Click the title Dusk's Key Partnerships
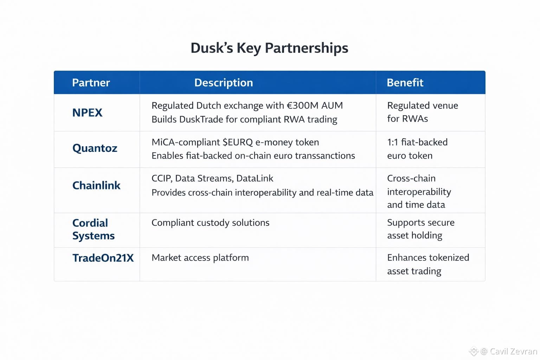(269, 48)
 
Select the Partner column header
(91, 83)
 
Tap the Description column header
(224, 83)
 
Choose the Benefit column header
(405, 83)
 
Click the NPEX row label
(87, 113)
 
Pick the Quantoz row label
(95, 148)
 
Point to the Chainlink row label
(96, 186)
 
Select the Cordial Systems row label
(94, 229)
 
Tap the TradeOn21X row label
(103, 258)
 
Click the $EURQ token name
(238, 142)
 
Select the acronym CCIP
(162, 179)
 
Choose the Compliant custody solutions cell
(210, 223)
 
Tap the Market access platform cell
(200, 258)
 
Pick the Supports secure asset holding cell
(420, 229)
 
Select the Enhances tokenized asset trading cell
(428, 264)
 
